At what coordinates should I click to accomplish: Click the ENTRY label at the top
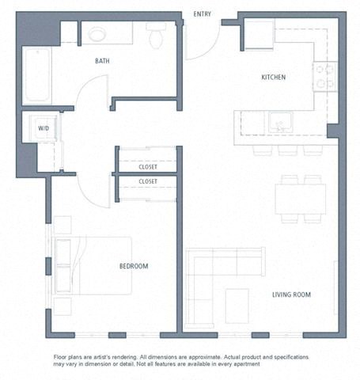pyautogui.click(x=203, y=13)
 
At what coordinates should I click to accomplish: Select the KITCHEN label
pyautogui.click(x=274, y=78)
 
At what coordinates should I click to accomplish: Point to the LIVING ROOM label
pyautogui.click(x=291, y=294)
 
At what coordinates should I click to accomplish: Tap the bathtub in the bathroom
pyautogui.click(x=36, y=76)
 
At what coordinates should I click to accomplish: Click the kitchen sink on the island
pyautogui.click(x=279, y=123)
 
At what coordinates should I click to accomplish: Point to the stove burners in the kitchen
pyautogui.click(x=325, y=76)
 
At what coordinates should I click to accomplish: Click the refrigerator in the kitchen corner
pyautogui.click(x=259, y=34)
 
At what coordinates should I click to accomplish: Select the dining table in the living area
pyautogui.click(x=300, y=198)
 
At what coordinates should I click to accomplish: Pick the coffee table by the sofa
pyautogui.click(x=237, y=306)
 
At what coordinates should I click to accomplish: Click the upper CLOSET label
pyautogui.click(x=147, y=167)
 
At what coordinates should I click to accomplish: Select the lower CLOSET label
pyautogui.click(x=147, y=181)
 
